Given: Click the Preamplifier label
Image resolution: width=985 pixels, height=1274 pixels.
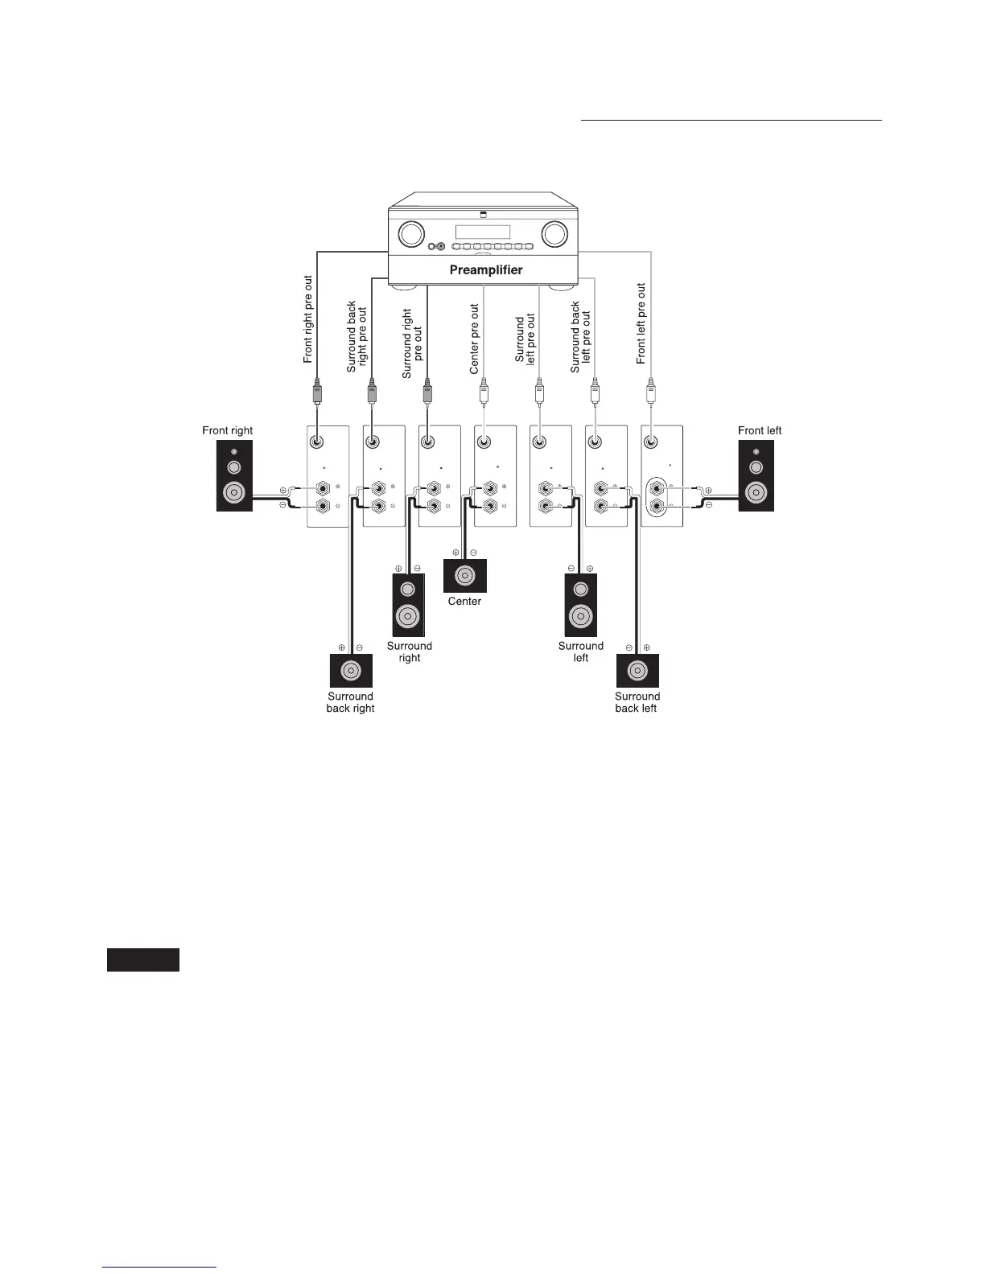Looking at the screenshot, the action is [x=485, y=270].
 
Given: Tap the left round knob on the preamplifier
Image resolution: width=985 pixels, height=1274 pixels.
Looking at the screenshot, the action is [x=410, y=234].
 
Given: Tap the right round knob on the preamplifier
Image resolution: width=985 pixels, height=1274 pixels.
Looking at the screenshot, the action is [x=554, y=234].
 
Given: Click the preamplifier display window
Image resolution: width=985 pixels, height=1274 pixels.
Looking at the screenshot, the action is [x=483, y=232].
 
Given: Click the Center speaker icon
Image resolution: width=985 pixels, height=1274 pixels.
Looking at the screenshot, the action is [x=465, y=576].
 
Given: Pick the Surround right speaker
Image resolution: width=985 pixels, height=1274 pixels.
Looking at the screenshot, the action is [x=408, y=606].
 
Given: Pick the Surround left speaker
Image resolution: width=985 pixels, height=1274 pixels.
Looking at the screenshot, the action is [x=581, y=606].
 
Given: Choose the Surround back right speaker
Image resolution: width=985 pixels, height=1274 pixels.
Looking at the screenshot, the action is [x=351, y=671].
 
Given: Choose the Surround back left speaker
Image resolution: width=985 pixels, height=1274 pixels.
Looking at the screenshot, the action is [x=637, y=671].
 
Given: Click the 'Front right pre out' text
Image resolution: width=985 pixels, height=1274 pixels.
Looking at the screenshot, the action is [x=308, y=320].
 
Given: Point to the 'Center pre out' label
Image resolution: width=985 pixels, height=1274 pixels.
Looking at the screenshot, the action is [x=475, y=339].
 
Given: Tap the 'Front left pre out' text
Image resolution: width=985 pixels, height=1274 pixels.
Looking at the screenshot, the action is [x=641, y=323].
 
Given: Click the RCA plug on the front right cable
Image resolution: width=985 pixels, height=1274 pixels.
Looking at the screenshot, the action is [x=317, y=393].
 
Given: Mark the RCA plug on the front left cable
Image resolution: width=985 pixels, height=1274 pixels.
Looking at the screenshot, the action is [x=650, y=393].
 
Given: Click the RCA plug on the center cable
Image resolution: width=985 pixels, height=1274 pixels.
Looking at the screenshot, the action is [x=484, y=393].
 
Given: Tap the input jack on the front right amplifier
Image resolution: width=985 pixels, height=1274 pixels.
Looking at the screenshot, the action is [x=318, y=442].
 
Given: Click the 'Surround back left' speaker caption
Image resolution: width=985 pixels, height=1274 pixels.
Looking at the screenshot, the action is [x=637, y=702].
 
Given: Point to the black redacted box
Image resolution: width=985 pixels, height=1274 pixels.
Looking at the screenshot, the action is [x=143, y=960].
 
